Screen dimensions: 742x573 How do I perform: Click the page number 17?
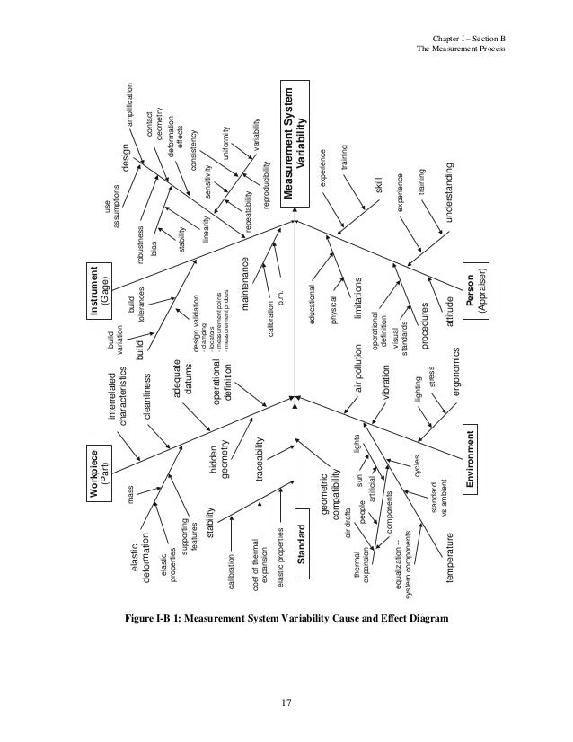[x=286, y=702]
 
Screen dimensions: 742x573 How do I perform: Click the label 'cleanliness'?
[x=145, y=395]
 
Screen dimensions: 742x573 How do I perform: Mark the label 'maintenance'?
[x=245, y=285]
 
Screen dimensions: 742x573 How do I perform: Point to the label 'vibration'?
[x=387, y=382]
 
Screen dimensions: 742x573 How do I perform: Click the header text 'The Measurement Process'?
[x=463, y=48]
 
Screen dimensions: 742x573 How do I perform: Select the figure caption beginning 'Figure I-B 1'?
[x=286, y=620]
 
